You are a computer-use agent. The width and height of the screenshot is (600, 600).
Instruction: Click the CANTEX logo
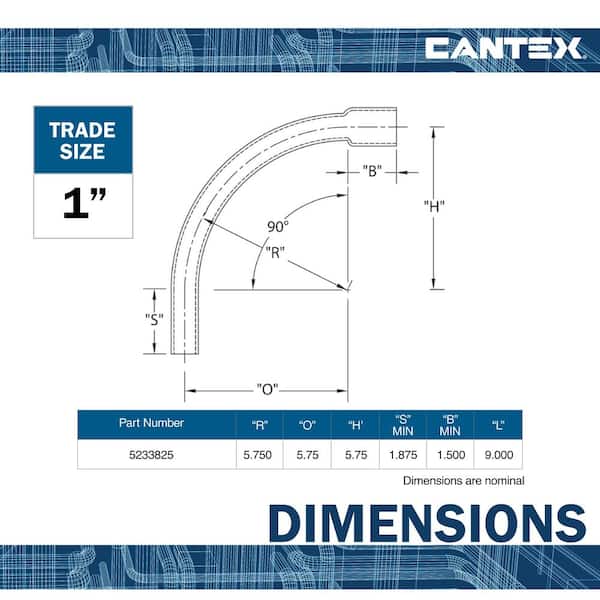[x=504, y=48]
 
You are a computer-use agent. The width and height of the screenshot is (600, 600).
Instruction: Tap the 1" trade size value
[x=84, y=203]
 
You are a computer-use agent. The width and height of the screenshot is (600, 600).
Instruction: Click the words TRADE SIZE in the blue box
[x=83, y=140]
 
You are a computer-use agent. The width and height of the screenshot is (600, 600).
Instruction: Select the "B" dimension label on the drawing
[x=372, y=171]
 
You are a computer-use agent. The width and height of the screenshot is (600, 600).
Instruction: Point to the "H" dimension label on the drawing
[x=434, y=206]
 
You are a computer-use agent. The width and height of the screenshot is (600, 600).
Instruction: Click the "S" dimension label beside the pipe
[x=154, y=319]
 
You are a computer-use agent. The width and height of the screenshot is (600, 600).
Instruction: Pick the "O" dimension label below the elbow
[x=267, y=389]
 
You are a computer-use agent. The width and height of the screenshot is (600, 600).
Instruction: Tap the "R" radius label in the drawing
[x=275, y=252]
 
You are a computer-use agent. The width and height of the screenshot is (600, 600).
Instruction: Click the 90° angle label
[x=277, y=227]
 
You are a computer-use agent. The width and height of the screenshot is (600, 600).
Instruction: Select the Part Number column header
[x=151, y=423]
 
